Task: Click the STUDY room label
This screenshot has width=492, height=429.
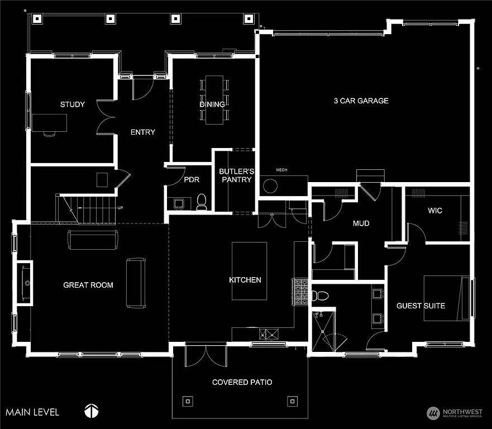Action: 73,104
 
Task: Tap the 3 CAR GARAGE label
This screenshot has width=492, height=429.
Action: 361,101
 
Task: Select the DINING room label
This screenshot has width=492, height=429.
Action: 212,104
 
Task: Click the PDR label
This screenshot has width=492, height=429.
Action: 192,180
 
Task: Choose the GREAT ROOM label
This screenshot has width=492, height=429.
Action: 88,285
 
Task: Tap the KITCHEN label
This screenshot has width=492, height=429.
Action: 245,280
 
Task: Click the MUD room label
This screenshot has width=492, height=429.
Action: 361,224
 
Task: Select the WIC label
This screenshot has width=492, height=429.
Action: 435,211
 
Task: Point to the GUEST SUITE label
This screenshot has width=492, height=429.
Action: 421,306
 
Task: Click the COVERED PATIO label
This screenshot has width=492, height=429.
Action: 242,382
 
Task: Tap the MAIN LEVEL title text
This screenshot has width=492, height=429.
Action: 32,412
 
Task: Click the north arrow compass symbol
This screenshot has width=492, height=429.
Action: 92,411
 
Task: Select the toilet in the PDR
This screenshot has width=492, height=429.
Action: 202,202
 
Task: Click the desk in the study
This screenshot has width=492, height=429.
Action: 49,122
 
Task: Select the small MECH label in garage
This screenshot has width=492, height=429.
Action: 281,170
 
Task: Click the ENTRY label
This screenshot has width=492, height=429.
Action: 142,132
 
